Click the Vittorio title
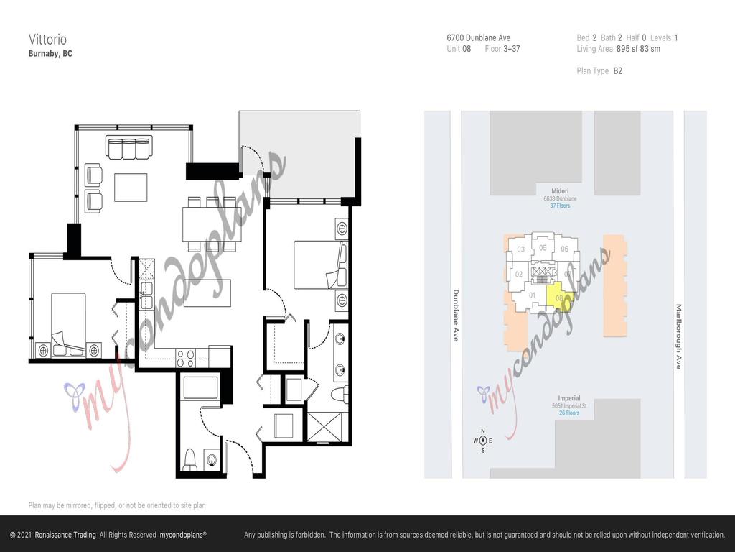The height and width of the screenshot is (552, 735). click(44, 38)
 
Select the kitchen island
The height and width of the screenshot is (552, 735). click(207, 292)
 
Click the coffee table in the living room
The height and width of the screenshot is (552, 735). click(131, 188)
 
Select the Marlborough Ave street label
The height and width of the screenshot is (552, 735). click(678, 336)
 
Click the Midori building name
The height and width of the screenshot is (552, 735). click(560, 191)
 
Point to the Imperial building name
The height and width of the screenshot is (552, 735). click(569, 398)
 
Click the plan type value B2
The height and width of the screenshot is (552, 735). click(617, 71)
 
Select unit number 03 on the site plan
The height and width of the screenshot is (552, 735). click(521, 249)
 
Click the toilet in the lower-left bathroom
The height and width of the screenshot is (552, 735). click(190, 459)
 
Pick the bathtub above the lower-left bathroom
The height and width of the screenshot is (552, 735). click(200, 388)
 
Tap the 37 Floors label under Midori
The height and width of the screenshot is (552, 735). click(560, 206)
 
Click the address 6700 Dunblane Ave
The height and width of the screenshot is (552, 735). click(478, 38)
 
